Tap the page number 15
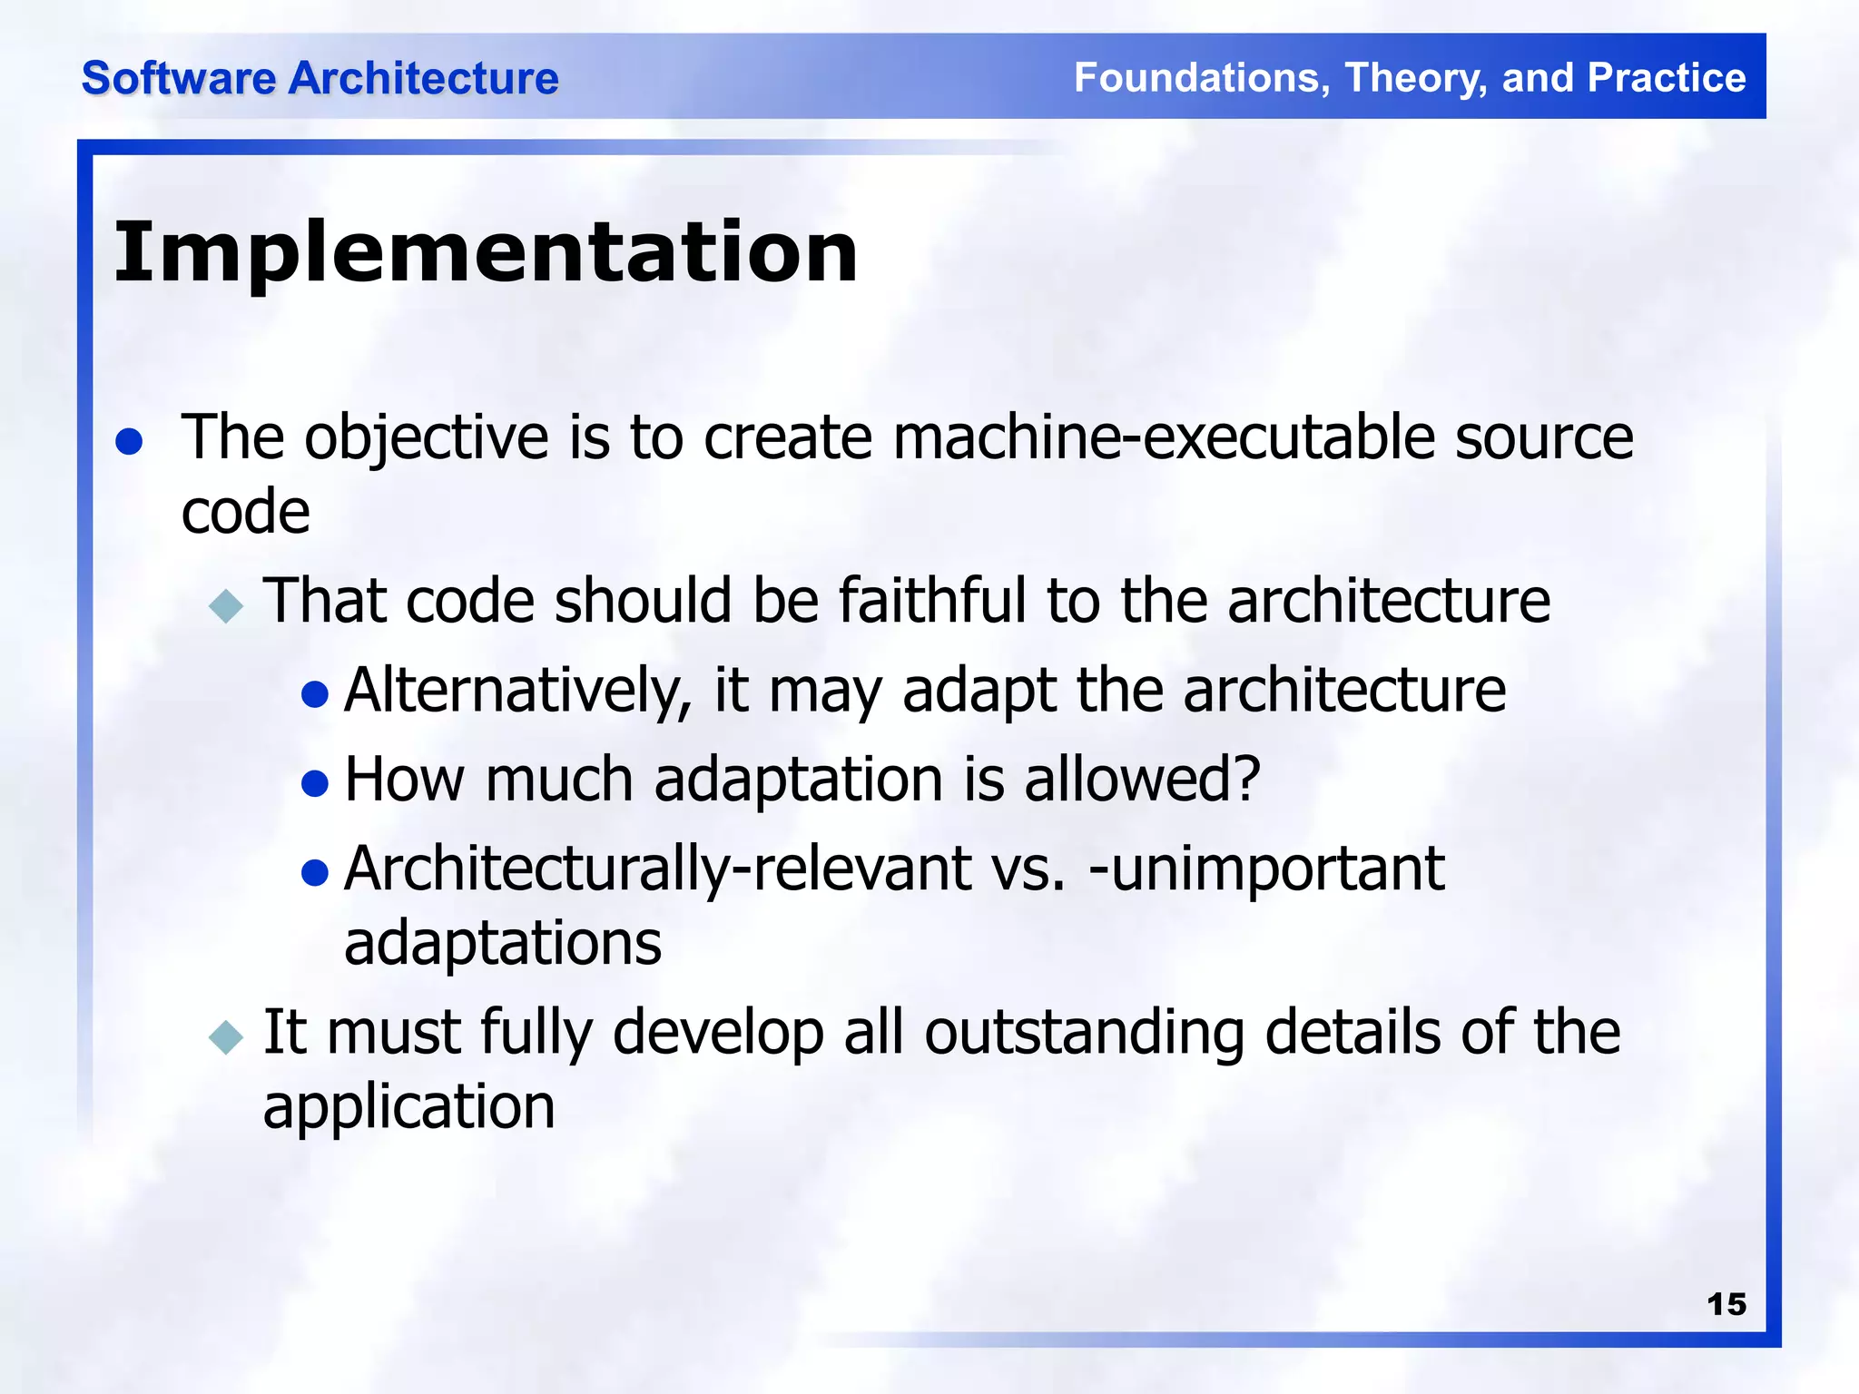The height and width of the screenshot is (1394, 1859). pos(1726,1304)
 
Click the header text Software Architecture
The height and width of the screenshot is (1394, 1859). pos(320,78)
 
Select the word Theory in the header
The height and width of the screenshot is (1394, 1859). pos(1415,78)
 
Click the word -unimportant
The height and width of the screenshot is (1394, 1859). pos(1266,869)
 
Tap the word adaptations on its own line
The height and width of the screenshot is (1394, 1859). pos(503,944)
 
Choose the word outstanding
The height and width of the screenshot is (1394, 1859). pos(1084,1033)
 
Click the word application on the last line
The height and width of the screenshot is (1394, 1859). pos(408,1107)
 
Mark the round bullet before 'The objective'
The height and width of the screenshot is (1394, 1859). pos(130,442)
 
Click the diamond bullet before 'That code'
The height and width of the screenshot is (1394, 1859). pos(226,605)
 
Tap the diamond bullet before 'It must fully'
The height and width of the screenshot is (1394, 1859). pos(226,1036)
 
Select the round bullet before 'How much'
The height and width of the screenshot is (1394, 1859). pos(314,783)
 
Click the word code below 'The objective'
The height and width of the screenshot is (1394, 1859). pos(245,513)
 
